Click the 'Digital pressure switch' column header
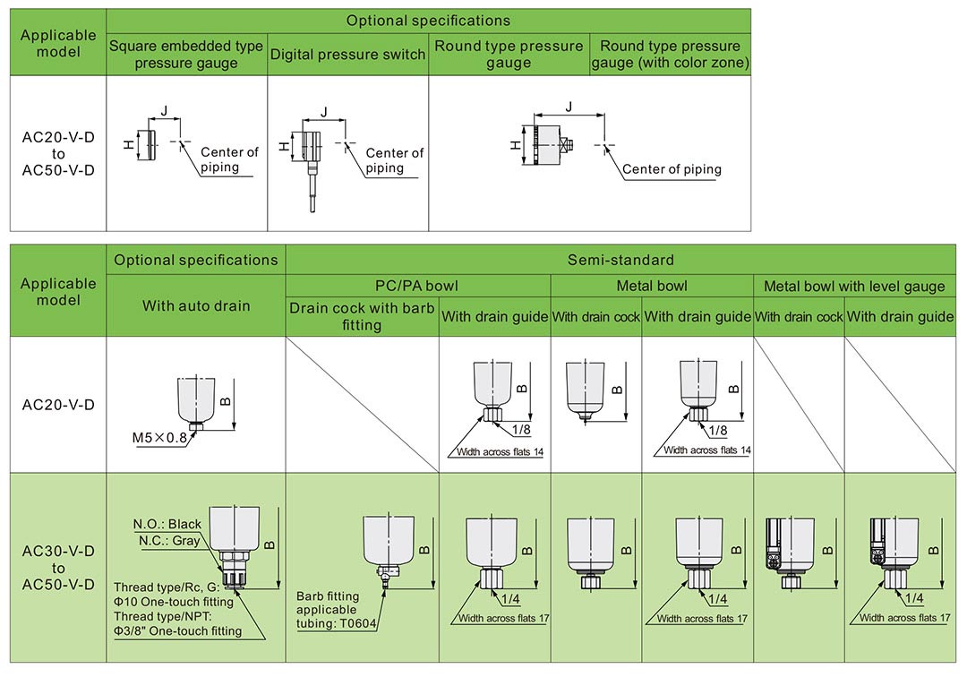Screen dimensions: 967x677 pos(347,55)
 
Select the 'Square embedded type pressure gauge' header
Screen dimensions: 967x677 pos(186,55)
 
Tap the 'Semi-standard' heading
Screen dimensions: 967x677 pos(620,260)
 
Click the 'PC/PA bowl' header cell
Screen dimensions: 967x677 pos(417,287)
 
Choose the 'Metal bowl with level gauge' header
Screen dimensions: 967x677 pos(854,287)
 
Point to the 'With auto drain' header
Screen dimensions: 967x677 pos(196,305)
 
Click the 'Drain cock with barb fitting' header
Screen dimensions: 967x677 pos(362,316)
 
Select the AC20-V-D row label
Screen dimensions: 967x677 pos(58,405)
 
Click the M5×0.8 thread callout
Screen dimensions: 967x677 pos(159,438)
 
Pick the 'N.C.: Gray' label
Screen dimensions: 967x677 pos(168,541)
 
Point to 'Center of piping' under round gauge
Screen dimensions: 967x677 pos(672,169)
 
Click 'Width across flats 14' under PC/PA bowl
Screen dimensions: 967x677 pos(500,451)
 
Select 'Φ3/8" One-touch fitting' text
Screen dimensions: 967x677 pos(177,631)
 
